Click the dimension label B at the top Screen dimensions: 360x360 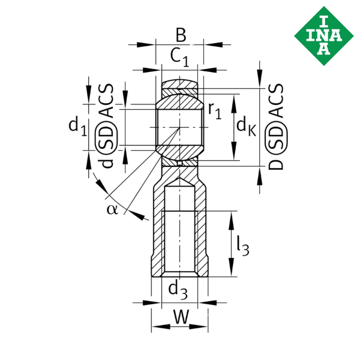point(180,35)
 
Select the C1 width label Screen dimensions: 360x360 point(179,57)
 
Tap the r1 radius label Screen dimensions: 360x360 point(214,110)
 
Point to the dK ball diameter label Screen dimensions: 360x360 point(246,126)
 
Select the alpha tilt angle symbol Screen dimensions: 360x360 point(112,208)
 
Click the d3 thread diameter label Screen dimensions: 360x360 point(178,292)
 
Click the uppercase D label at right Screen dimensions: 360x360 point(275,164)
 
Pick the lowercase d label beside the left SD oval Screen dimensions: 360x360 point(106,163)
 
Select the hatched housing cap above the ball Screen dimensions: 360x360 point(179,84)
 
